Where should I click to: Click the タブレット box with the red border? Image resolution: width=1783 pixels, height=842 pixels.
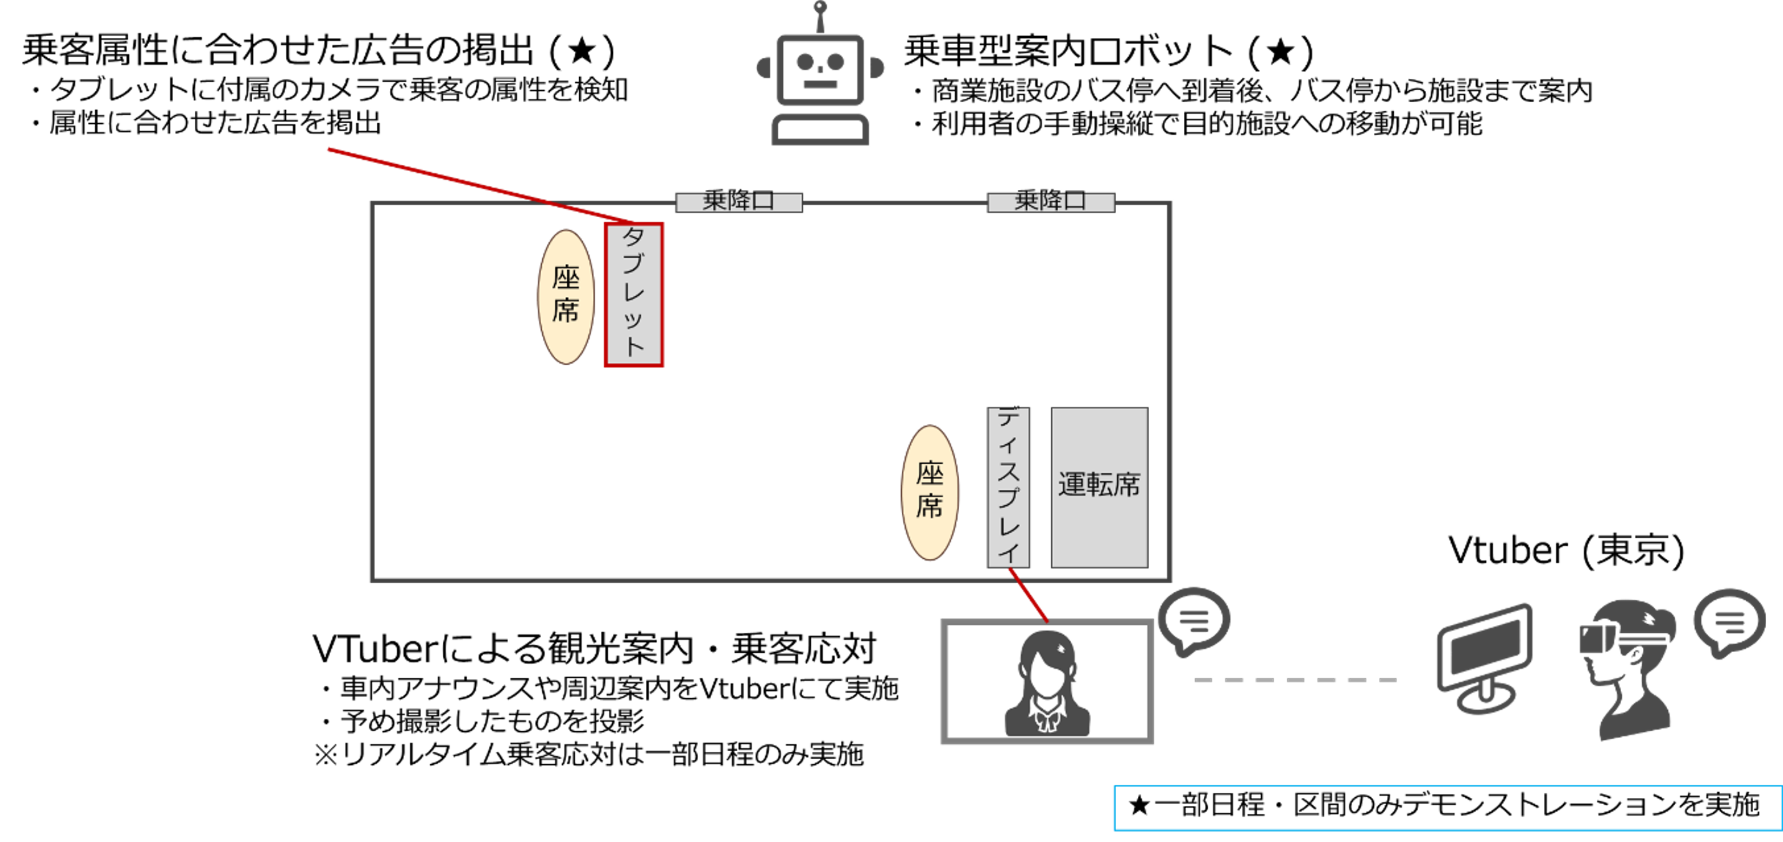point(634,295)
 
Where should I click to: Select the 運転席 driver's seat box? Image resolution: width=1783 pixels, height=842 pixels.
point(1099,487)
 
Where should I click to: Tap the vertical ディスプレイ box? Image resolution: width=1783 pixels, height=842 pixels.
point(1008,487)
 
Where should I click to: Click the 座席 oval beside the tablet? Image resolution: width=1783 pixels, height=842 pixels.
point(566,296)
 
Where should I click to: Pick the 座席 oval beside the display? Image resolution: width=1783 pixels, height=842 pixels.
point(930,492)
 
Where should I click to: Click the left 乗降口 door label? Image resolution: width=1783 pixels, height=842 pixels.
point(739,202)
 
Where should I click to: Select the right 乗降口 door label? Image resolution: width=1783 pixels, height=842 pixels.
point(1050,202)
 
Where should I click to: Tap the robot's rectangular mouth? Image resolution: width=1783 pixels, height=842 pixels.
point(820,85)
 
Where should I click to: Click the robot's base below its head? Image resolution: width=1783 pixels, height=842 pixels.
point(820,130)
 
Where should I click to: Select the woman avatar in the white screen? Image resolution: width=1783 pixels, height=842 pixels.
point(1046,683)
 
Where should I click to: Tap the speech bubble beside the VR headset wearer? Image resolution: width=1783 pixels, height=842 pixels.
point(1729,621)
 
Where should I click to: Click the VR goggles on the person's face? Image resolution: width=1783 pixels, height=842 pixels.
point(1596,638)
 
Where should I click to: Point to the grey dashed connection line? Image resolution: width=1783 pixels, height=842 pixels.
point(1296,680)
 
